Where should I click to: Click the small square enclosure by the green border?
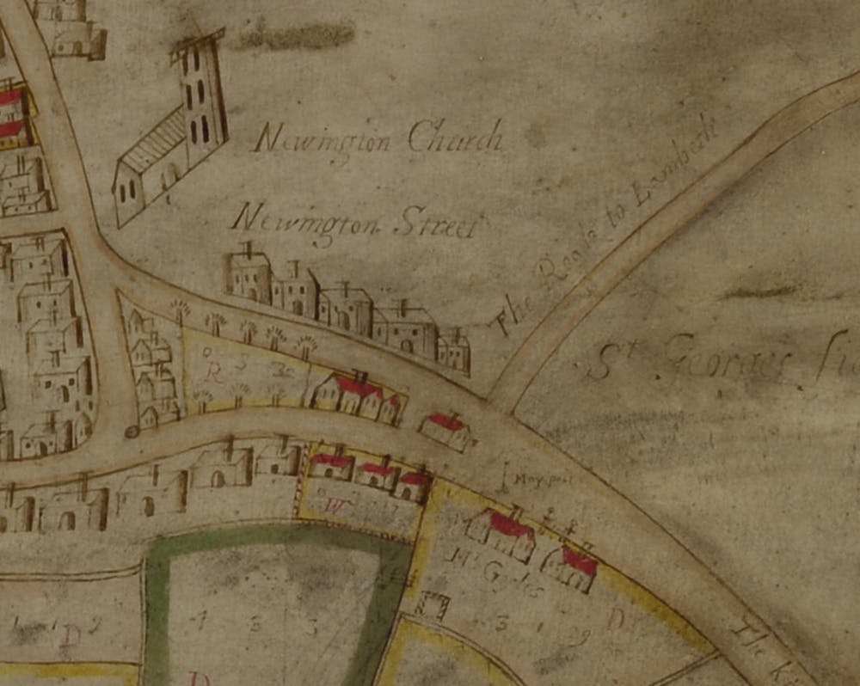[x=431, y=607]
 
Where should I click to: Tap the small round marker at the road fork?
[x=132, y=431]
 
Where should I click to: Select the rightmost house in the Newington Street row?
[x=453, y=351]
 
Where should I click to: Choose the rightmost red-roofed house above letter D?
[x=572, y=568]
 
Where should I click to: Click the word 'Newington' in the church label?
[x=325, y=138]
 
